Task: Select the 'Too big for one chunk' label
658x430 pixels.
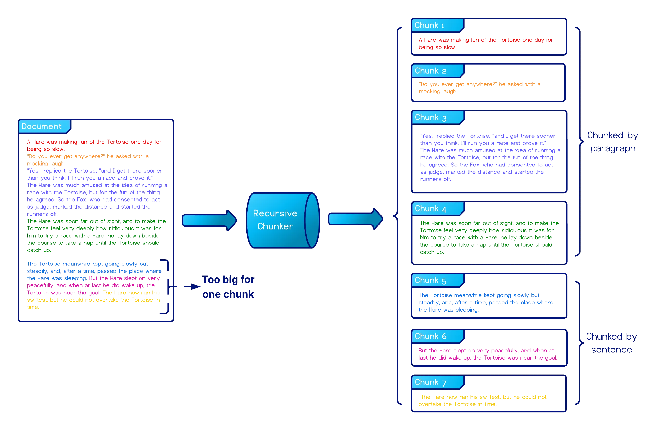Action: click(x=228, y=287)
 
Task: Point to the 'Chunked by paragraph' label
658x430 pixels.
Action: click(x=612, y=142)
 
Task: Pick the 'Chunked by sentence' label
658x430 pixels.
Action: click(x=611, y=343)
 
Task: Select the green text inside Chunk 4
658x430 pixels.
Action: click(x=488, y=237)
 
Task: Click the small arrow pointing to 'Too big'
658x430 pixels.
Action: click(x=192, y=287)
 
